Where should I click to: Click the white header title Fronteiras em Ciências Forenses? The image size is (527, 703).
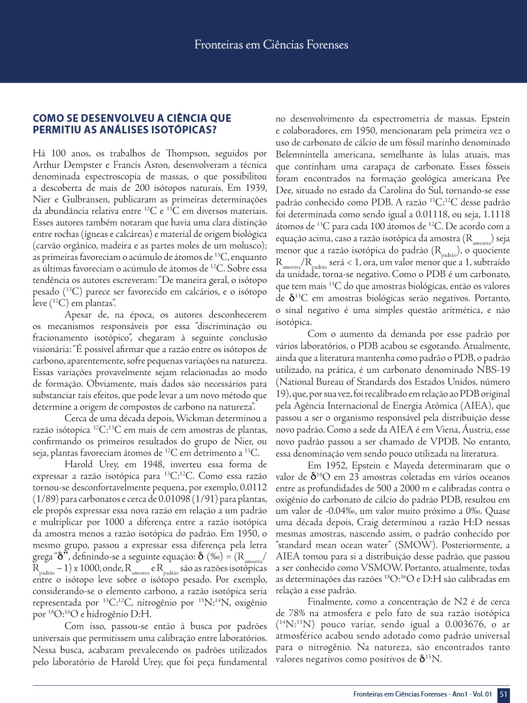271,44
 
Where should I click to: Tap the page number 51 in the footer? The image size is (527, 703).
503,694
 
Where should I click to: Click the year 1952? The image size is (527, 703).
336,466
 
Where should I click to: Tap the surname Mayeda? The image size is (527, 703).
409,466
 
